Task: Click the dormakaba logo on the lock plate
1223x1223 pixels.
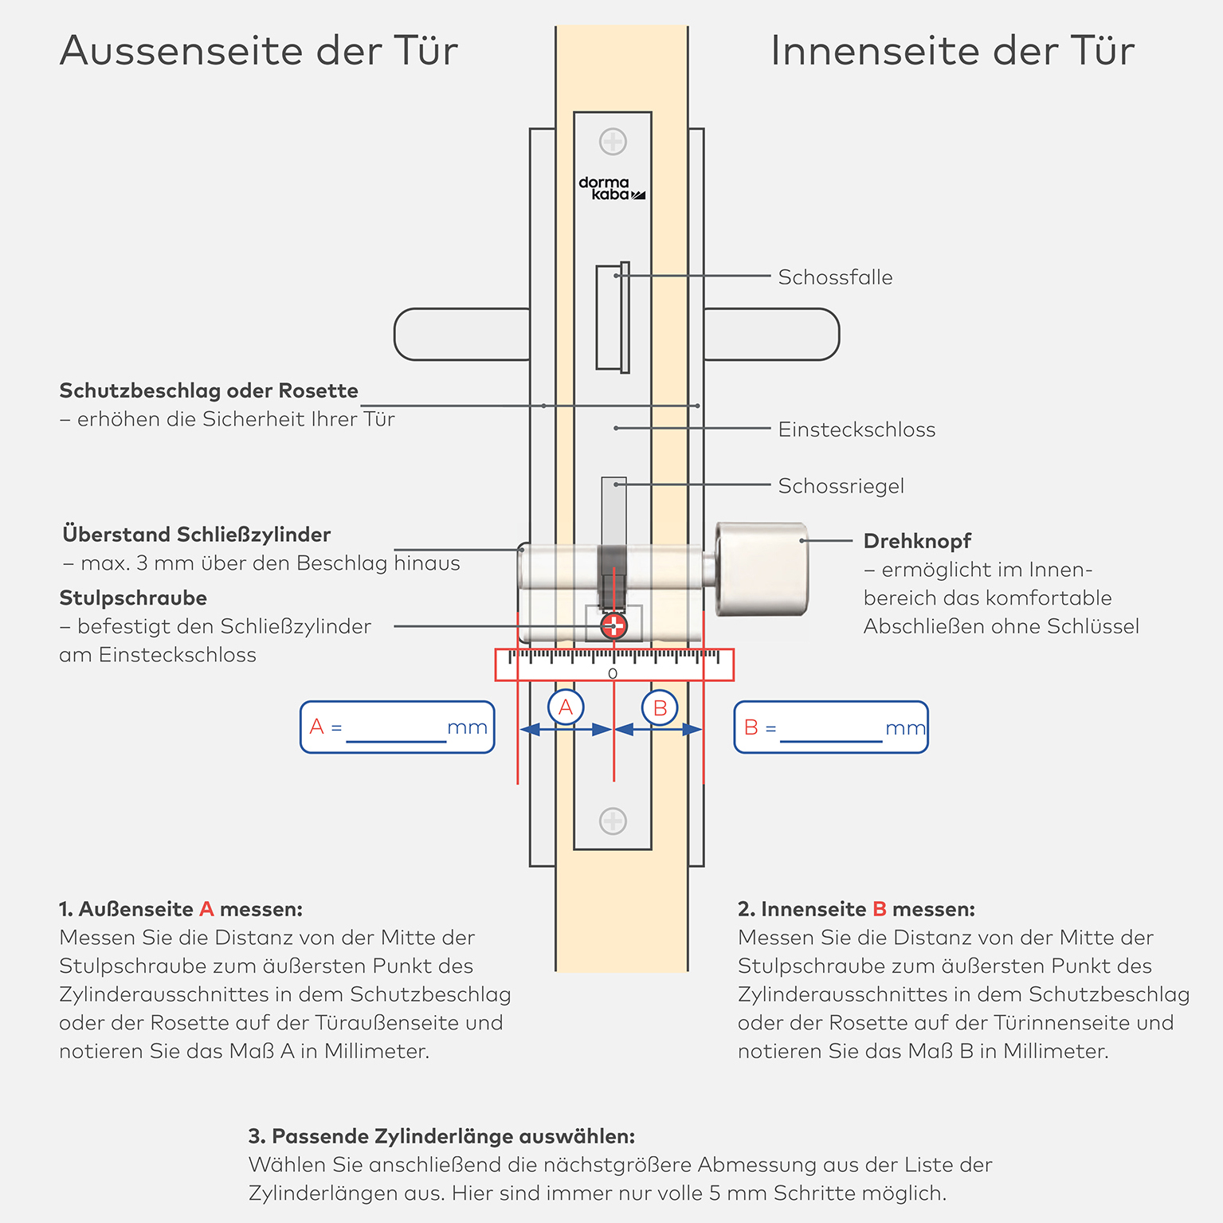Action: click(x=611, y=189)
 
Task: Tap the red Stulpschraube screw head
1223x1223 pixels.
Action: click(x=613, y=626)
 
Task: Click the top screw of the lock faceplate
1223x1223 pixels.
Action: click(x=613, y=142)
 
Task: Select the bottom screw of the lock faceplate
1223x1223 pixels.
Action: click(x=613, y=821)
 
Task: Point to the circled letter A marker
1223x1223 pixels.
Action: click(x=566, y=707)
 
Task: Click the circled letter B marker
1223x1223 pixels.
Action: click(x=660, y=708)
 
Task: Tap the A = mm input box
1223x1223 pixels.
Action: click(x=398, y=727)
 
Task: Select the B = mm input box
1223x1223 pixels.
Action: click(x=831, y=727)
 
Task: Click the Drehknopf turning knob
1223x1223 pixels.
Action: click(x=762, y=569)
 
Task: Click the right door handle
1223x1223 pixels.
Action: click(x=771, y=335)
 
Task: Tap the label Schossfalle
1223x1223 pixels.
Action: click(x=835, y=277)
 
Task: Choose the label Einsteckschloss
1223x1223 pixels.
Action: click(x=856, y=429)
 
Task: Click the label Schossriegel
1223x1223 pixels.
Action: click(x=841, y=486)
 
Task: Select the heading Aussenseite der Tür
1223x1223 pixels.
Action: click(x=259, y=51)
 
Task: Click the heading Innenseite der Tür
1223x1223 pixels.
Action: click(x=952, y=51)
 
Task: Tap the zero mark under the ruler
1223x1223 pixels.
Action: click(x=613, y=674)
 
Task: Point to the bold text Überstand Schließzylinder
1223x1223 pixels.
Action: click(x=197, y=535)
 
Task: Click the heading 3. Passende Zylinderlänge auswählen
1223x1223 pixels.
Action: click(x=441, y=1136)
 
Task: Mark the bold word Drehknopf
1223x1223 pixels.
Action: click(x=917, y=542)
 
